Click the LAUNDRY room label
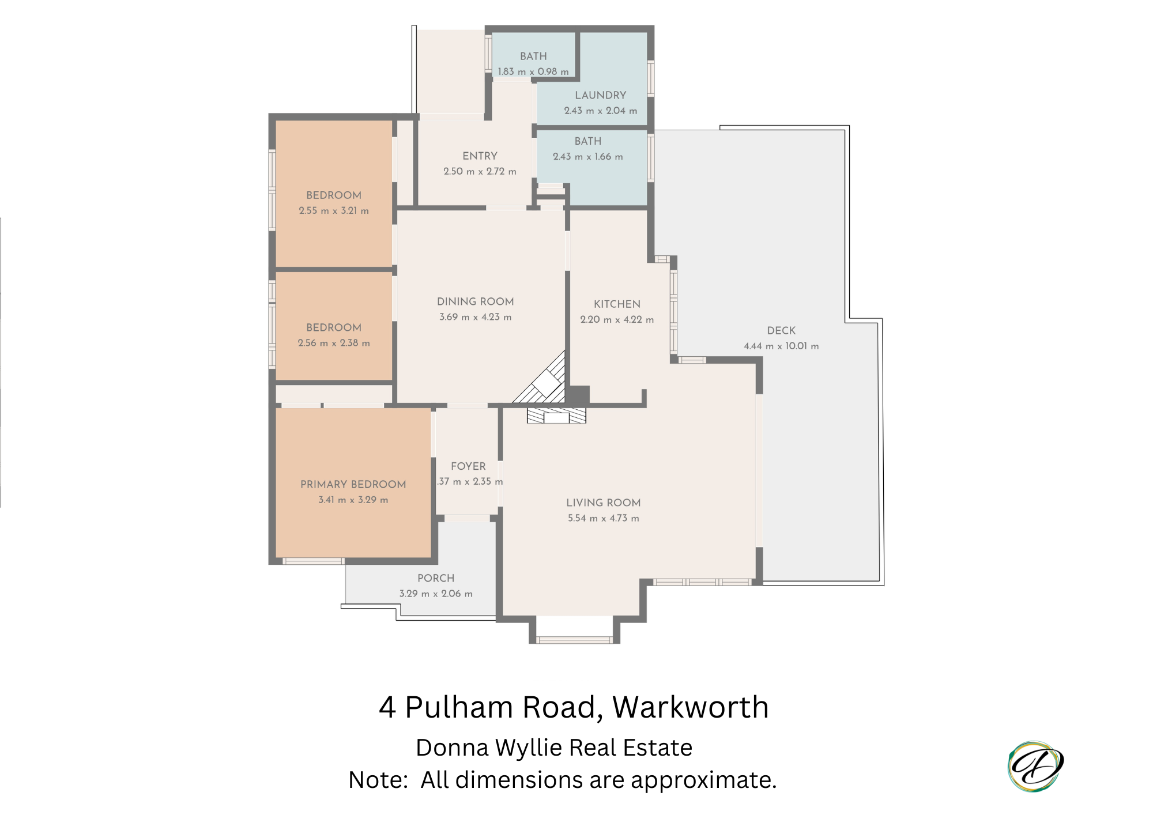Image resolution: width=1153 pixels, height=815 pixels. click(x=600, y=95)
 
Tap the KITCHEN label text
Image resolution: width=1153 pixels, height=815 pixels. click(x=617, y=304)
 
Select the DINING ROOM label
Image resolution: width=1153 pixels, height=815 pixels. click(x=475, y=301)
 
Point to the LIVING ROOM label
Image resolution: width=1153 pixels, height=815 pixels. click(x=603, y=503)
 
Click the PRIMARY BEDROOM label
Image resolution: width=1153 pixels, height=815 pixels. click(x=353, y=484)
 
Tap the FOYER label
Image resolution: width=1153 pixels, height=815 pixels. click(x=468, y=466)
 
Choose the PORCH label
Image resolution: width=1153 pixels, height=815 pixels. click(x=436, y=578)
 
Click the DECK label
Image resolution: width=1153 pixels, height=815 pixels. click(x=781, y=330)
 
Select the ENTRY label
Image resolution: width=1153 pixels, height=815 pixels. click(x=480, y=156)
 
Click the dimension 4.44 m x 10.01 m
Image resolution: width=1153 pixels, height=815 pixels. click(x=781, y=346)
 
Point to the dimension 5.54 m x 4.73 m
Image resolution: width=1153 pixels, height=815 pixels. click(x=603, y=518)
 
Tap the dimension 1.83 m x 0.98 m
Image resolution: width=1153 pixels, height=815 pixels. click(x=533, y=71)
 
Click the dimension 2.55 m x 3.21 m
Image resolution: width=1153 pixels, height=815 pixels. click(x=334, y=210)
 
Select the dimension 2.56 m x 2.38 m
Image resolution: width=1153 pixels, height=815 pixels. click(x=334, y=343)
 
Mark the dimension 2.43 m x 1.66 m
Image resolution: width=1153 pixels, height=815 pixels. click(x=587, y=157)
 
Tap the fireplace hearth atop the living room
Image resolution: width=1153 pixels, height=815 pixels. click(x=556, y=416)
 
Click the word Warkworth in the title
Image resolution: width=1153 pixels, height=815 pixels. click(x=691, y=707)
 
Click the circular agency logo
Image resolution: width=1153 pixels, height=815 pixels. click(x=1035, y=767)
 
